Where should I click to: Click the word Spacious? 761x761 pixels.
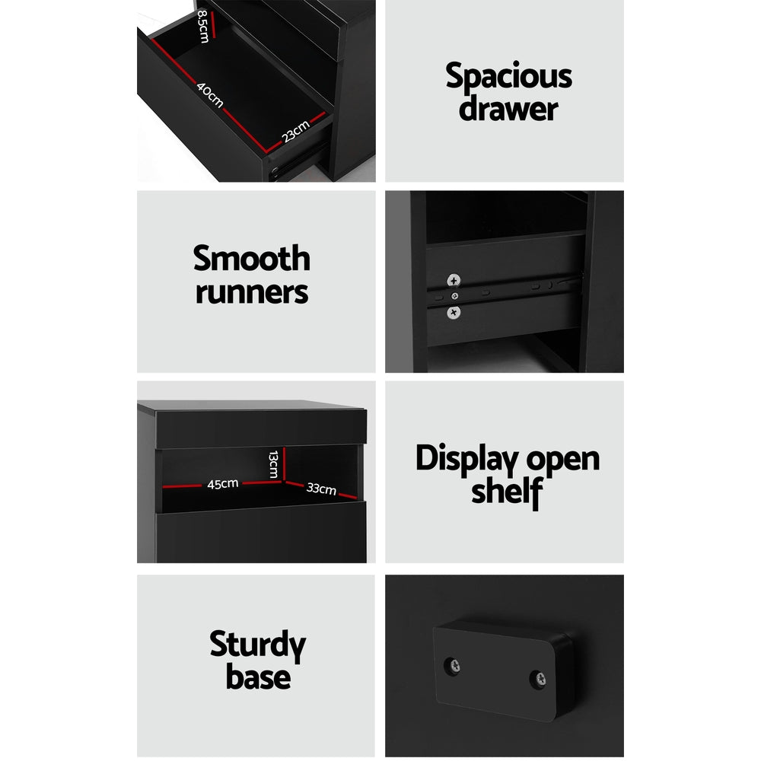(x=508, y=78)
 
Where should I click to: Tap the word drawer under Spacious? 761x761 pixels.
(x=508, y=109)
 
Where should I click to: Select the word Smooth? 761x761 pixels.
(x=252, y=259)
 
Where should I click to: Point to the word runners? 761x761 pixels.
(x=252, y=292)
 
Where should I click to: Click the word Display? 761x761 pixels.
(x=458, y=460)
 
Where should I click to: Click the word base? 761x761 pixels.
(x=257, y=677)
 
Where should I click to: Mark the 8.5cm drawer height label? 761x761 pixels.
(x=202, y=26)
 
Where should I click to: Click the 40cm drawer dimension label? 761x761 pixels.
(x=210, y=95)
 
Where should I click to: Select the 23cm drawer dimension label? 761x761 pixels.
(x=296, y=132)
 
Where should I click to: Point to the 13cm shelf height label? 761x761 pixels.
(x=272, y=463)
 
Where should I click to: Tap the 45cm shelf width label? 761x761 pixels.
(x=223, y=483)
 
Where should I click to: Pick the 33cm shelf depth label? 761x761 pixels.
(x=321, y=489)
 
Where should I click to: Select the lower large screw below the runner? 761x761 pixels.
(x=454, y=311)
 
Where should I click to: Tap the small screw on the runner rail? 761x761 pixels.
(x=455, y=295)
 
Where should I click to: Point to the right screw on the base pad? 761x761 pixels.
(x=537, y=676)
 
